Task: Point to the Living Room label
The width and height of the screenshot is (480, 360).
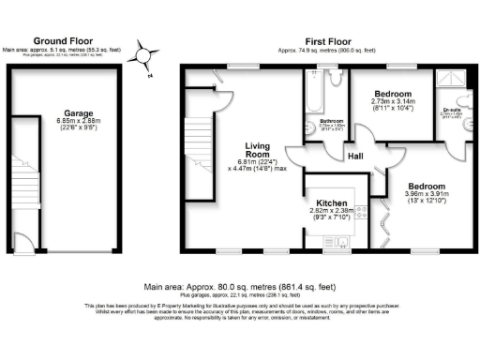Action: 258,151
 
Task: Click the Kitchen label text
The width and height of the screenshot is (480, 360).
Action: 333,203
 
